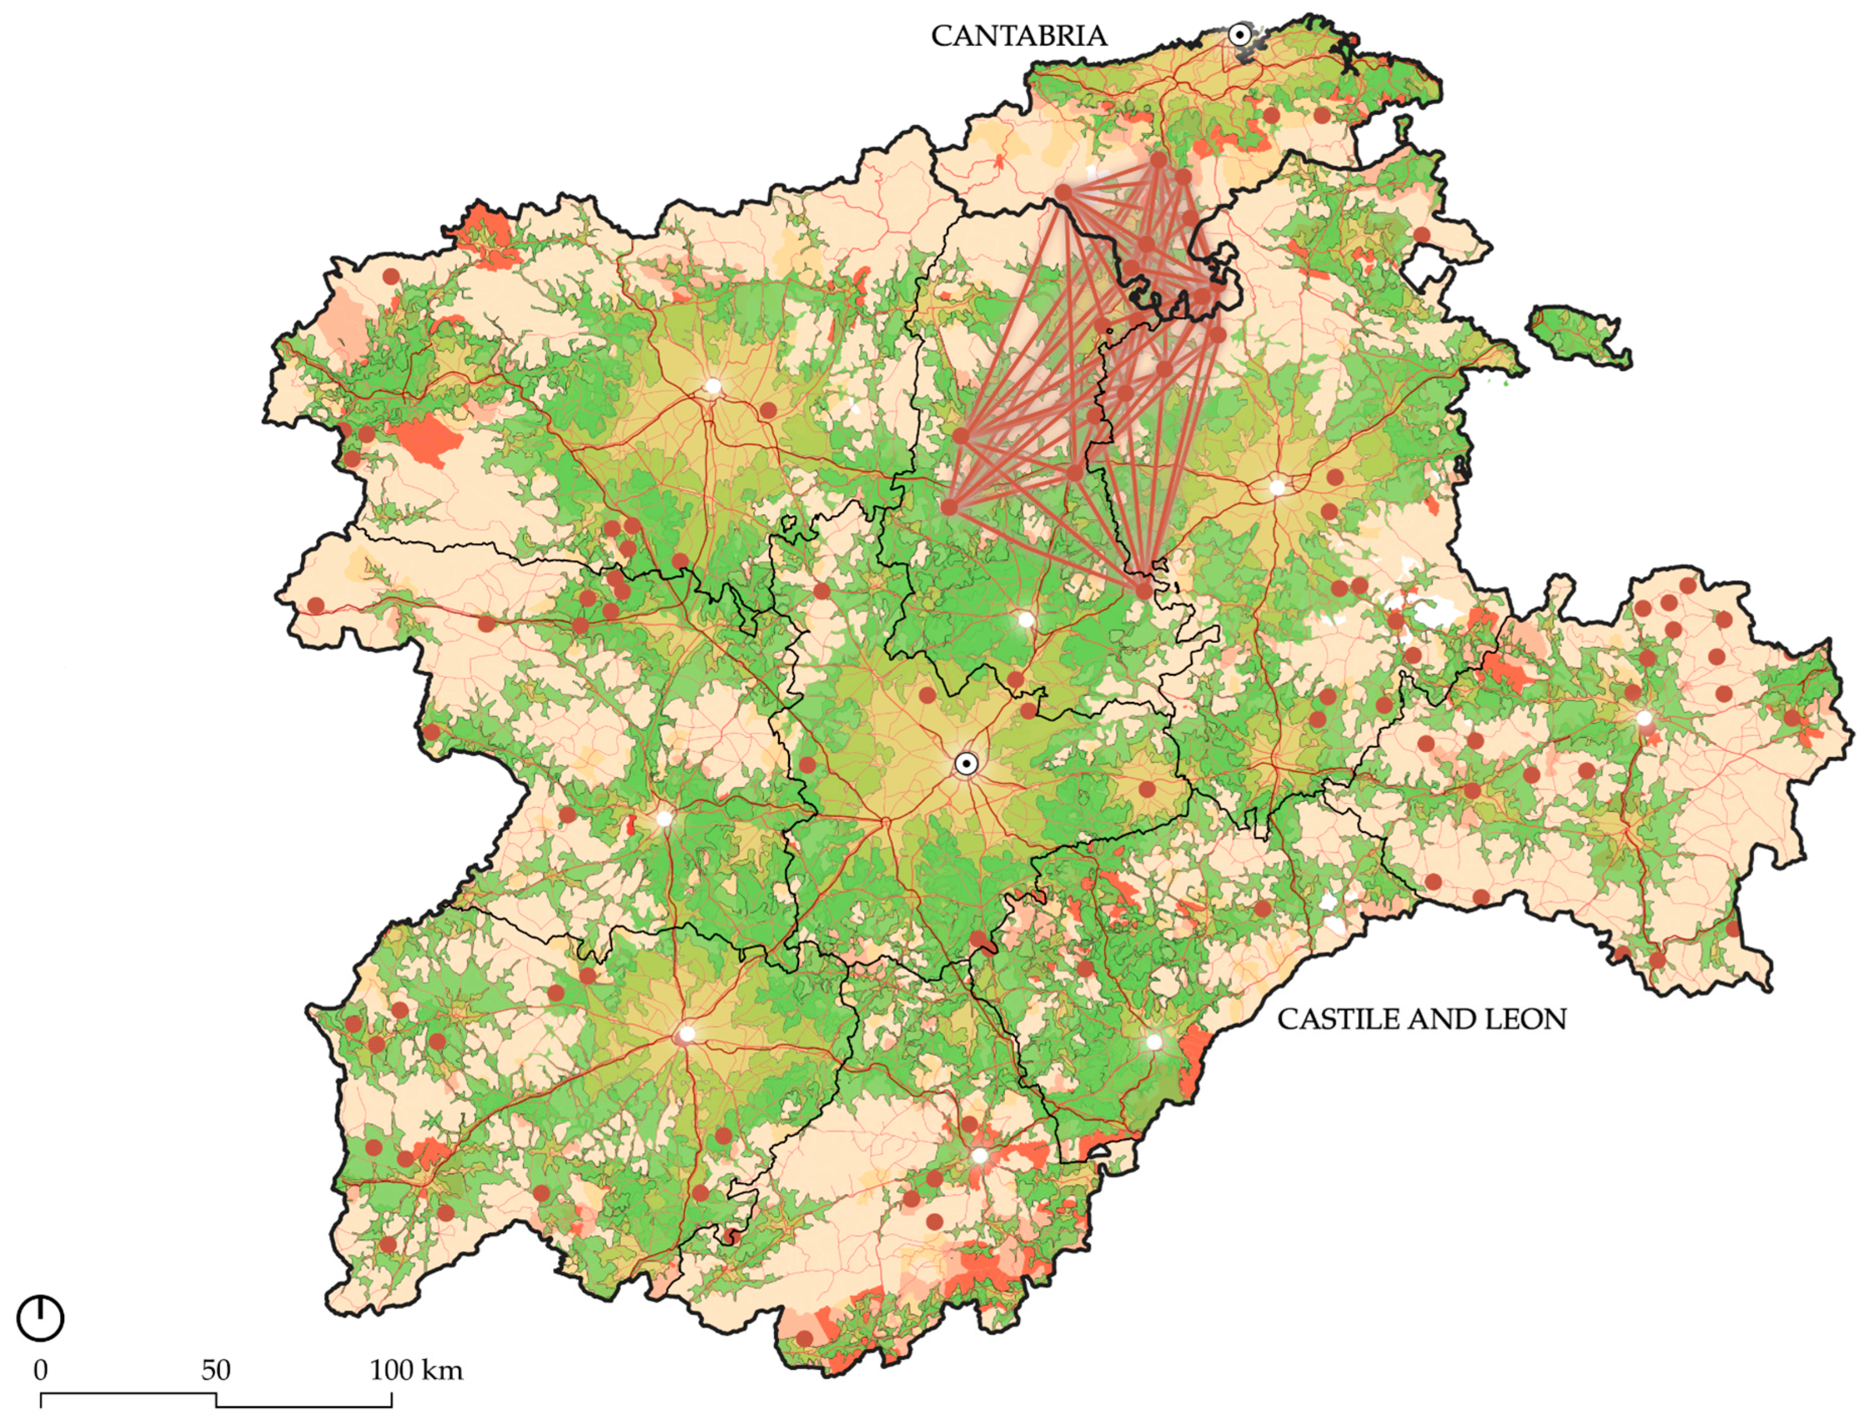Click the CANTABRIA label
[x=1018, y=36]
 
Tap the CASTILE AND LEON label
[x=1421, y=1019]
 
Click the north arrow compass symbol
[x=40, y=1319]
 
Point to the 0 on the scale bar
[x=40, y=1370]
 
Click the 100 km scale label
[x=415, y=1370]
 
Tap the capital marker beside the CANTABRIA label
[x=1238, y=35]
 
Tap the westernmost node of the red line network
[x=950, y=507]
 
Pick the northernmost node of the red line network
[x=1158, y=158]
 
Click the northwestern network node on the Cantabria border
[x=1063, y=192]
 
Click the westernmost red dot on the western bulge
[x=316, y=605]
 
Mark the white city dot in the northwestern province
[x=713, y=386]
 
